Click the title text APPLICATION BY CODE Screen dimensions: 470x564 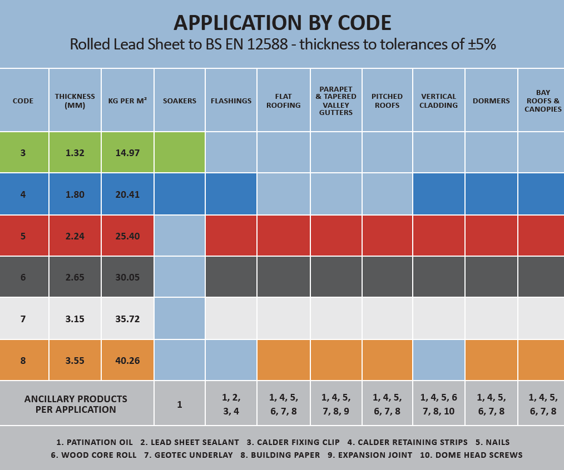click(282, 23)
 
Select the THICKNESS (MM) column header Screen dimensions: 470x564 click(75, 101)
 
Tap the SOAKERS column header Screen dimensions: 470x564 click(180, 101)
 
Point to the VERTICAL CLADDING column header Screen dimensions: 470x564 click(439, 101)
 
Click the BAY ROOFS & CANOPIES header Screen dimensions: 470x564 click(542, 101)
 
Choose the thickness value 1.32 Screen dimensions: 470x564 click(75, 153)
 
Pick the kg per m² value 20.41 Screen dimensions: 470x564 click(127, 194)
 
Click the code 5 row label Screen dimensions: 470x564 click(23, 236)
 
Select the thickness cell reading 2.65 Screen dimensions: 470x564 click(75, 277)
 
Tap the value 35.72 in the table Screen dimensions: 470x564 click(127, 319)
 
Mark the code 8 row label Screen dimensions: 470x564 click(23, 361)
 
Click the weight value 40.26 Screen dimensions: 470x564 click(127, 361)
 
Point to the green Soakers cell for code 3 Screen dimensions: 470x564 click(180, 153)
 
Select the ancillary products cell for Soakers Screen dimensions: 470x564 click(180, 404)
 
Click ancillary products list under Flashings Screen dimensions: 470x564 click(231, 404)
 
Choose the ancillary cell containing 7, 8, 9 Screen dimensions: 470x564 click(336, 404)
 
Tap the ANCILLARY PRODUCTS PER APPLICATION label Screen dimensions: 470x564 click(76, 404)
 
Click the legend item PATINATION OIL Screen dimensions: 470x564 click(95, 442)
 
